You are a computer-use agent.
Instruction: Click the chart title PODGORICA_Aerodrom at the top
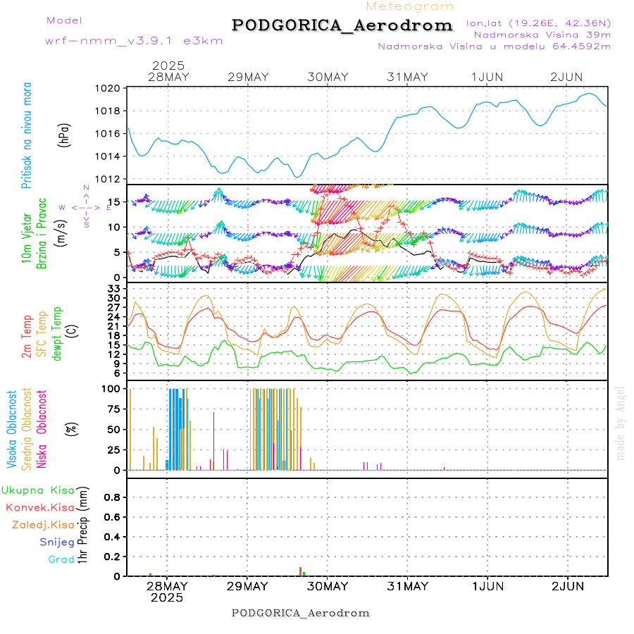[342, 25]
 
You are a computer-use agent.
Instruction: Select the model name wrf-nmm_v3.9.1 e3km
[134, 40]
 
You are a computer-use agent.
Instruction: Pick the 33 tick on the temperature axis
[115, 289]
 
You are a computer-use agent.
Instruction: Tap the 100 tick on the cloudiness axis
[113, 388]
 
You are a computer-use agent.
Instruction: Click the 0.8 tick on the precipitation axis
[113, 497]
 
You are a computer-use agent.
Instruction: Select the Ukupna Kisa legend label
[38, 490]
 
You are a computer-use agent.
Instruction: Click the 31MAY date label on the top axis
[407, 77]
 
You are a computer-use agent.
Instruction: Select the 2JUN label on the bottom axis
[567, 586]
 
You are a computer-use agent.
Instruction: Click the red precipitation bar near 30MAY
[300, 571]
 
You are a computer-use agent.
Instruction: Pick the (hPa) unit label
[65, 135]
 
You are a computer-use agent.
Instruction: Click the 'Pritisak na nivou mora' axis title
[27, 135]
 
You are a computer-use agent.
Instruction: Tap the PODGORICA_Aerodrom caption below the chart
[301, 613]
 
